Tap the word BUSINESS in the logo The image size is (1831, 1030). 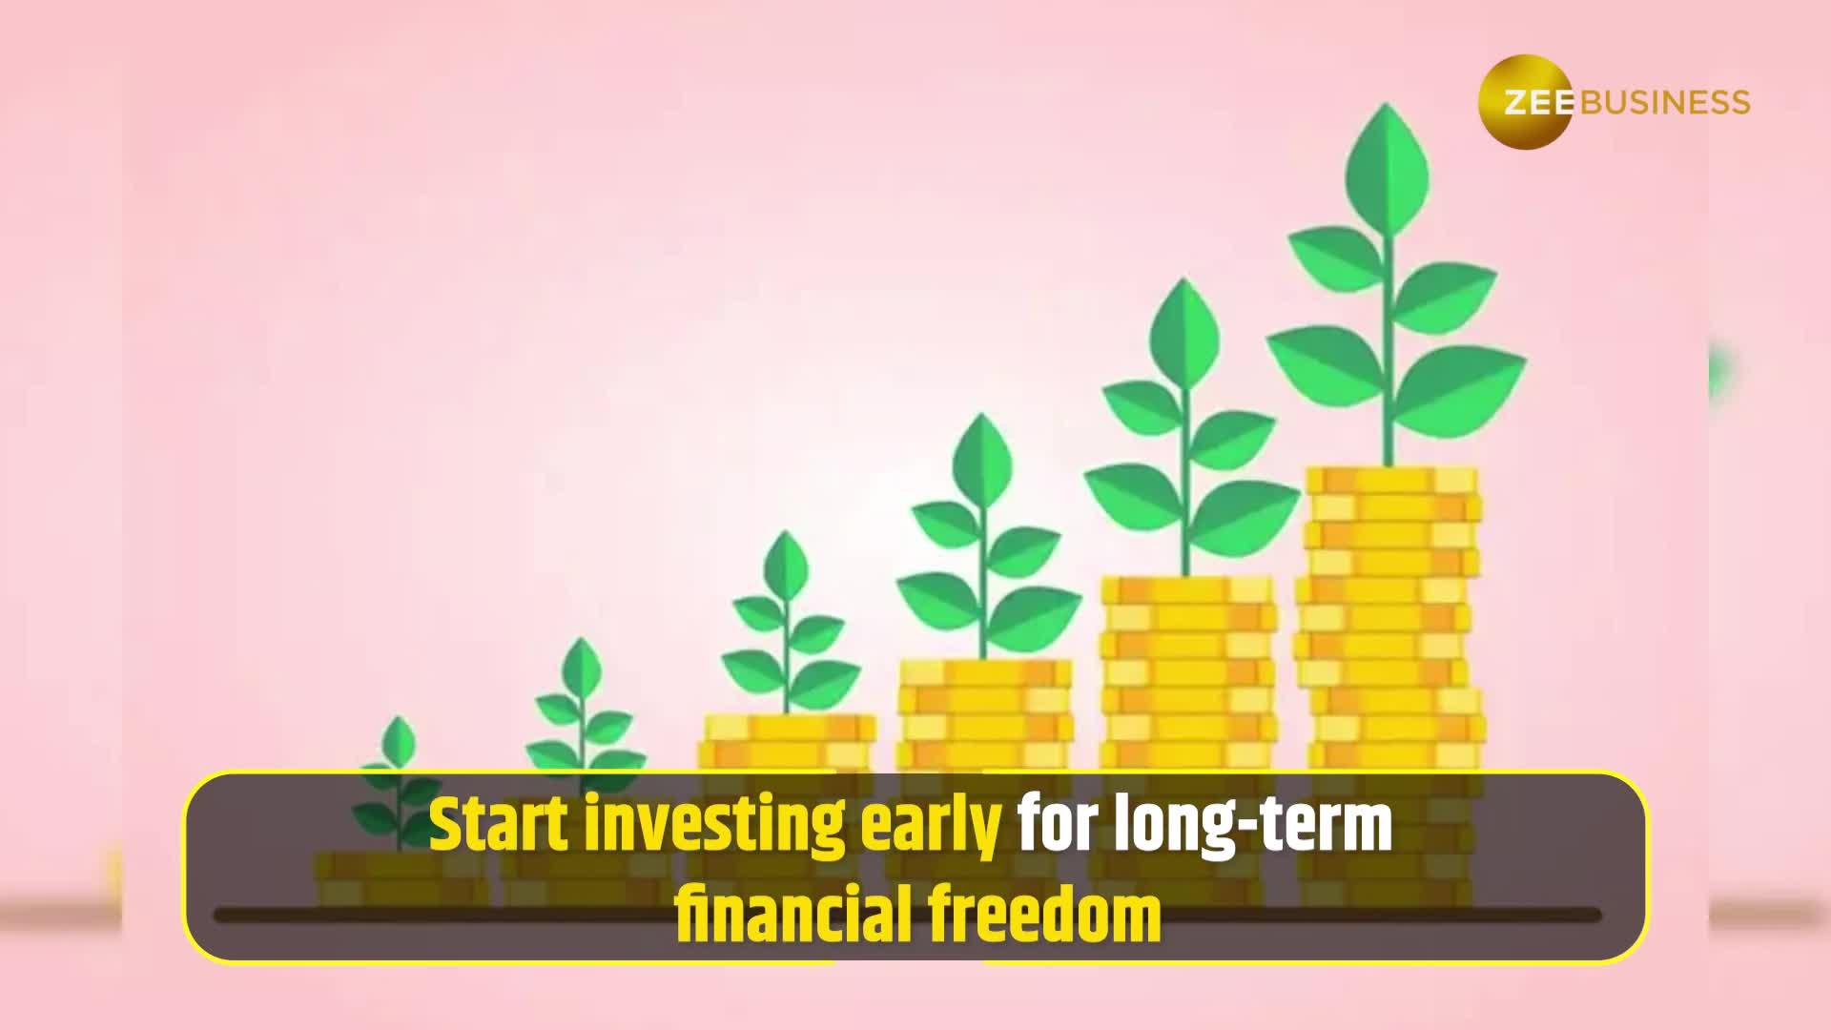(x=1665, y=102)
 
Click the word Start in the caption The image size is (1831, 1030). (x=499, y=826)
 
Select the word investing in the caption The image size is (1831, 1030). (x=714, y=826)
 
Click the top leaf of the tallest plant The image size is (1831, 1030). (x=1387, y=162)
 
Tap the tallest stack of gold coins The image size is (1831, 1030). (x=1389, y=610)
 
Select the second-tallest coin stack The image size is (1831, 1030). (x=1187, y=668)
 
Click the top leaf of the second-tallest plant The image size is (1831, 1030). (x=1184, y=329)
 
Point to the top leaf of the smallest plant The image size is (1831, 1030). (x=398, y=739)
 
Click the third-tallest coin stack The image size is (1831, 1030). (x=984, y=711)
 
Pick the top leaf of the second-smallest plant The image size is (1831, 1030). (x=581, y=663)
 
